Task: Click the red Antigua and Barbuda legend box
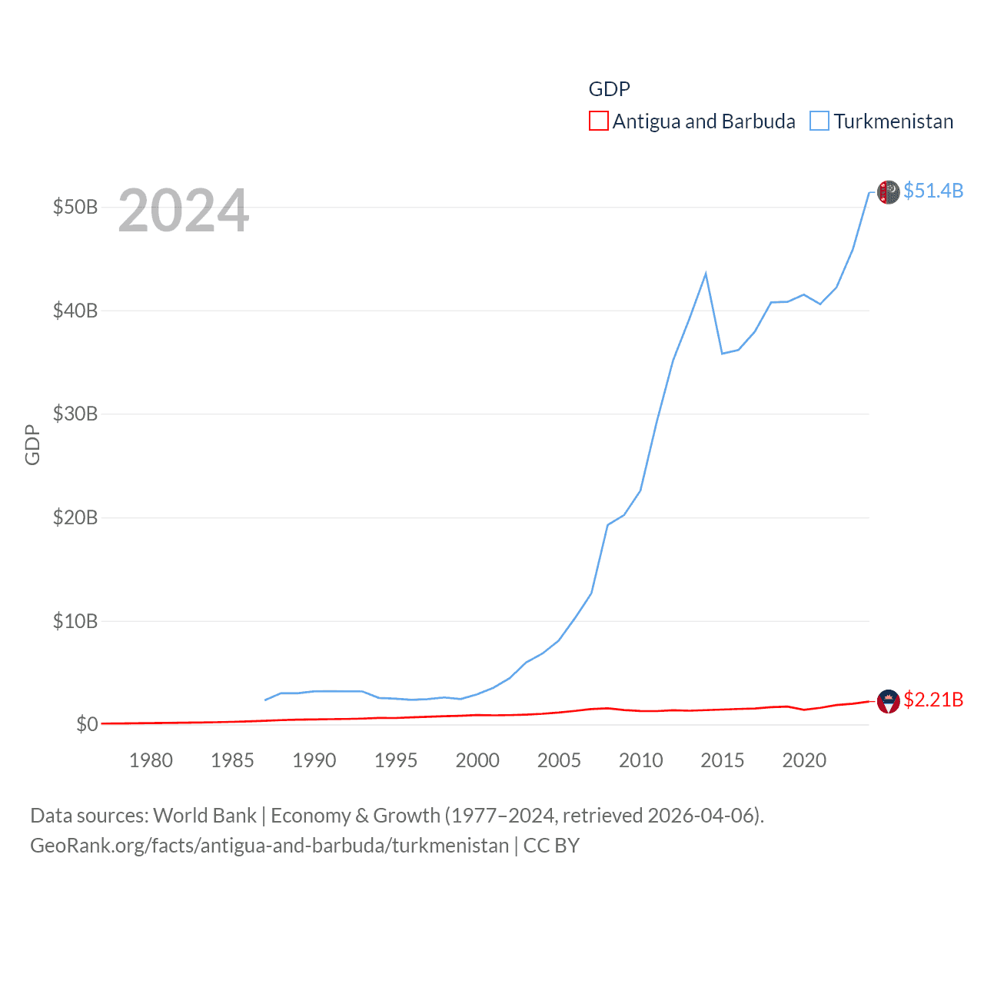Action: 599,121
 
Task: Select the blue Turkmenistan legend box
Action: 819,121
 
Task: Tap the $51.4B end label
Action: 933,191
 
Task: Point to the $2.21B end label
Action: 933,700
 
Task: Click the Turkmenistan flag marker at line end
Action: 889,192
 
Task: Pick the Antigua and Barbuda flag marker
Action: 889,701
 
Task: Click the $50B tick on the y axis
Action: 75,208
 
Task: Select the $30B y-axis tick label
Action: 75,414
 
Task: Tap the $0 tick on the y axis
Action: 87,724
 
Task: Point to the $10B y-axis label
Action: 75,621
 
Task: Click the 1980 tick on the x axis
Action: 151,760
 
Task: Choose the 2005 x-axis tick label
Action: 559,760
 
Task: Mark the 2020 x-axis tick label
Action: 804,760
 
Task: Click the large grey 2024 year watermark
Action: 184,211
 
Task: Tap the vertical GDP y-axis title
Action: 32,444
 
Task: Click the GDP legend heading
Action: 609,89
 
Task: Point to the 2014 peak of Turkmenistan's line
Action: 706,274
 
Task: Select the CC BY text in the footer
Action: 551,846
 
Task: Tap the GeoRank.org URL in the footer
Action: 269,846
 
